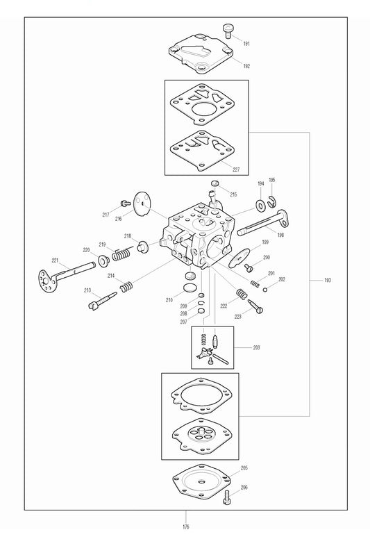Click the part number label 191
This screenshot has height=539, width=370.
pyautogui.click(x=246, y=44)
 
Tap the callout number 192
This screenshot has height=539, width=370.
pyautogui.click(x=246, y=66)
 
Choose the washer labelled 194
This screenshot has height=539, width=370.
pyautogui.click(x=259, y=204)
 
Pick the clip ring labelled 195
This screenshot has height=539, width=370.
pyautogui.click(x=273, y=202)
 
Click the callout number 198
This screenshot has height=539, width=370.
pyautogui.click(x=280, y=235)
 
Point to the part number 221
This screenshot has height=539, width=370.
pyautogui.click(x=56, y=260)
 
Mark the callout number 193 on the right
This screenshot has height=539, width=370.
pyautogui.click(x=327, y=281)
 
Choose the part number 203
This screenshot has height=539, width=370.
pyautogui.click(x=256, y=346)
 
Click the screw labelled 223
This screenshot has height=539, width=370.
pyautogui.click(x=255, y=302)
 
